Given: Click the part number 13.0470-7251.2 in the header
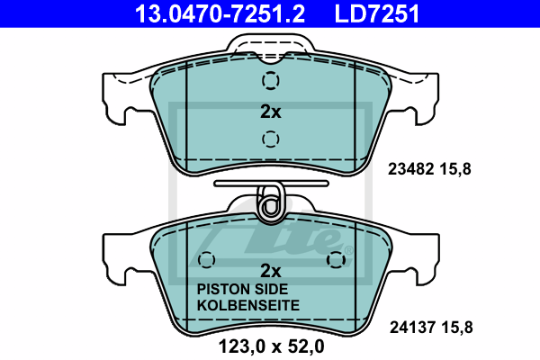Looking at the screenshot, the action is pos(220,13).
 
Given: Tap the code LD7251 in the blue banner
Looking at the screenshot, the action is pos(377,13).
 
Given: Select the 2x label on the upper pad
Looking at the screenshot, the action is pos(271,112).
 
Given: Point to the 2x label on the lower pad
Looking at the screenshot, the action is pos(271,271).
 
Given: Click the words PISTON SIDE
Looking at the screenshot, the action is pos(242,289).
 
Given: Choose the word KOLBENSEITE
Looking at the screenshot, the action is pos(248,305).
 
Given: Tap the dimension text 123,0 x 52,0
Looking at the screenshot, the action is pos(272,346).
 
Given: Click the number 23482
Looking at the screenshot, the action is pos(410,169).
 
